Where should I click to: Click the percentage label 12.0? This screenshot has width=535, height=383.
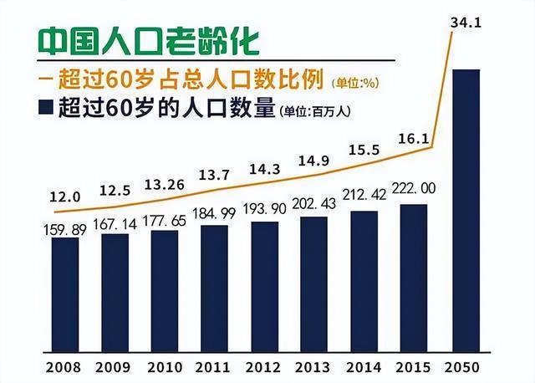click(64, 197)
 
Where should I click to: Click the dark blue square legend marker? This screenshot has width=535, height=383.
click(47, 109)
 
